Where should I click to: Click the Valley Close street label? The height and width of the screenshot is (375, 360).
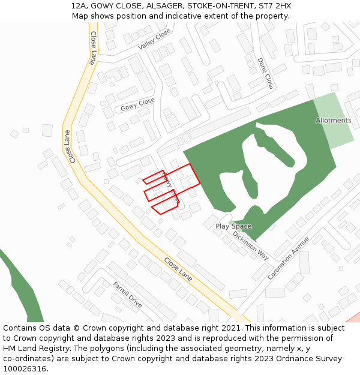coord(154,40)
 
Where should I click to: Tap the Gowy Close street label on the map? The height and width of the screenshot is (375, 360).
coord(137,104)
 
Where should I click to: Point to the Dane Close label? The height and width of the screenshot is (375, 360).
coord(265,73)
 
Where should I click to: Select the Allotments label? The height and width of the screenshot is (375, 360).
coord(334,121)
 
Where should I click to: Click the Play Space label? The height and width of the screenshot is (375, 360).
coord(233,226)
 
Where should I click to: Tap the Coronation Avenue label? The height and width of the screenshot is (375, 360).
coord(289,257)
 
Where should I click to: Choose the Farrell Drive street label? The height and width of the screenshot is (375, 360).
coord(127,294)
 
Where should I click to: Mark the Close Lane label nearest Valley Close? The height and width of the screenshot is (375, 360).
coord(93,48)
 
